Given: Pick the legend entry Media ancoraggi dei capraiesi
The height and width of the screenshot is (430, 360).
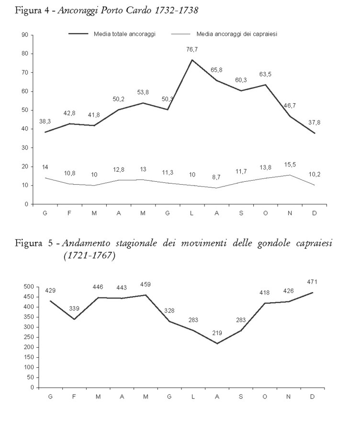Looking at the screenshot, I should [237, 34].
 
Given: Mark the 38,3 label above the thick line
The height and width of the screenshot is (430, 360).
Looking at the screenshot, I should [45, 121].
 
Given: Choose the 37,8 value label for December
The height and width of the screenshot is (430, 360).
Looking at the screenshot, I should [315, 122].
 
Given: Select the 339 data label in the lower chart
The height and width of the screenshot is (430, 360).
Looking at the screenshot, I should [75, 309].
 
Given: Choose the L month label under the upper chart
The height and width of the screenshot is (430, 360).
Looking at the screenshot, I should [191, 213].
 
